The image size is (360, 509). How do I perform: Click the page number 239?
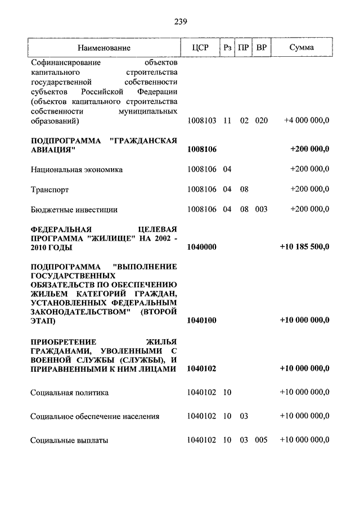180,22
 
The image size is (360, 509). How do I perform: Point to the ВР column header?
261,48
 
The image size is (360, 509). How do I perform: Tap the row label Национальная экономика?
76,169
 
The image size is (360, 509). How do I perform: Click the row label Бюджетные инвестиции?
74,209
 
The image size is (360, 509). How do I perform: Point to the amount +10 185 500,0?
304,247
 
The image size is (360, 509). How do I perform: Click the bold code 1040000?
201,247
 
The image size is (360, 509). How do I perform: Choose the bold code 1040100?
201,320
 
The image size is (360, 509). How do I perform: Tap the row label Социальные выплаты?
69,440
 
